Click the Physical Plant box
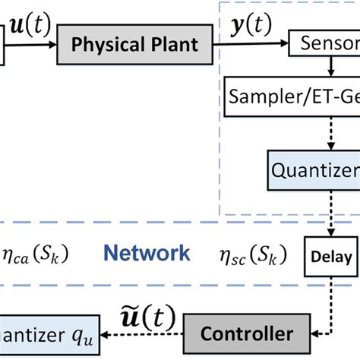pyautogui.click(x=134, y=43)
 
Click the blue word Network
pyautogui.click(x=147, y=253)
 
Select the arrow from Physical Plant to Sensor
pyautogui.click(x=251, y=43)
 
